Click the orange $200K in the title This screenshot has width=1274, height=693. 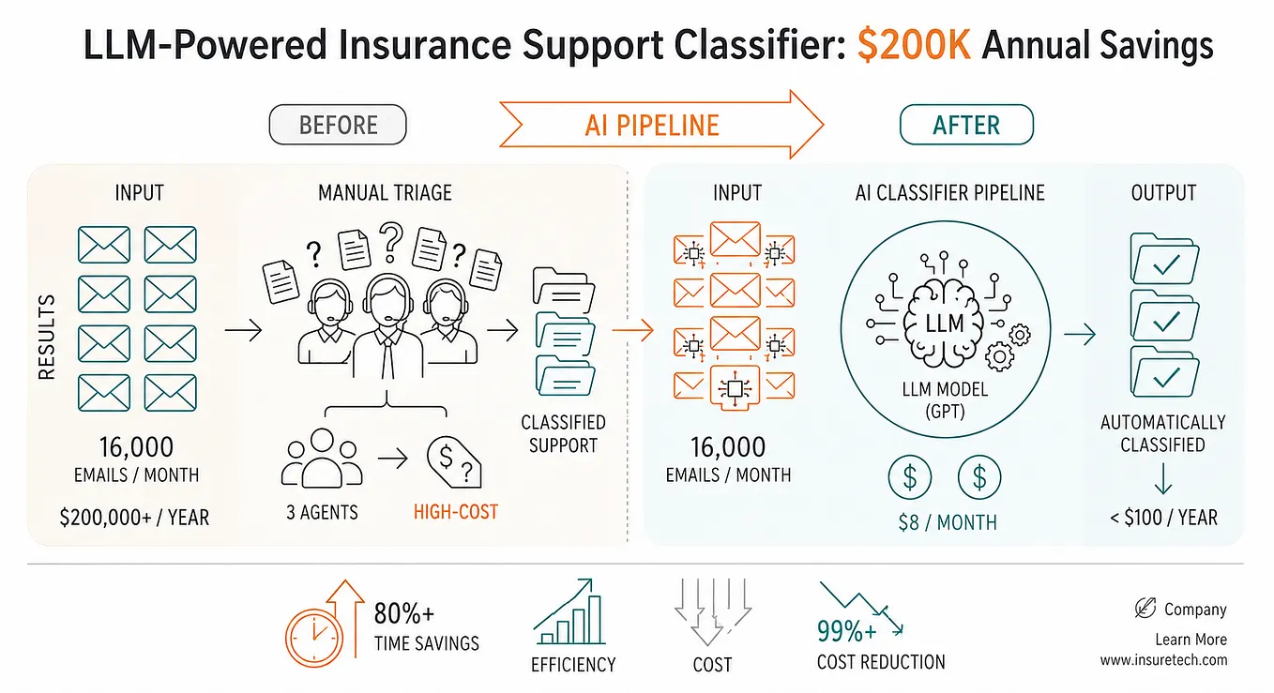[x=914, y=45]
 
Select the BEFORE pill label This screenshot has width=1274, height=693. [x=338, y=125]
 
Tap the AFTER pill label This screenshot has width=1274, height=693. [x=966, y=125]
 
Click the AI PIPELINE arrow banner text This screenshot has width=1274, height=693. [x=652, y=125]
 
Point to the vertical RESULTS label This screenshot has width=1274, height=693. [x=47, y=337]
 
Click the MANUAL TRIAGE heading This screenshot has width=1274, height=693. [x=385, y=193]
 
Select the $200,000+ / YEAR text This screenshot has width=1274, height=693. [x=134, y=518]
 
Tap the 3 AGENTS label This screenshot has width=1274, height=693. [x=322, y=513]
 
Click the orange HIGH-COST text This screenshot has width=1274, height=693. [x=456, y=512]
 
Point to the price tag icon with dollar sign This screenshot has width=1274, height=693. [x=454, y=461]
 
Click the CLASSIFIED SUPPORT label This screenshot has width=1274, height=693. [x=563, y=434]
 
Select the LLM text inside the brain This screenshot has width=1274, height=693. [x=945, y=324]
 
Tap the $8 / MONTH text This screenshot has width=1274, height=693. [x=948, y=522]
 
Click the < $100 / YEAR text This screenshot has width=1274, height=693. [x=1163, y=518]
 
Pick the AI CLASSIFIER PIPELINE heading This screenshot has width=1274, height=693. [x=949, y=193]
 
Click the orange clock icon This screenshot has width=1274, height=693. [x=314, y=638]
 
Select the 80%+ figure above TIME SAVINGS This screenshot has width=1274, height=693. [x=403, y=614]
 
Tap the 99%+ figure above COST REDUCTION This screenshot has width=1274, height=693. [x=847, y=631]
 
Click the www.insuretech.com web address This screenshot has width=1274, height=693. [x=1163, y=660]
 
